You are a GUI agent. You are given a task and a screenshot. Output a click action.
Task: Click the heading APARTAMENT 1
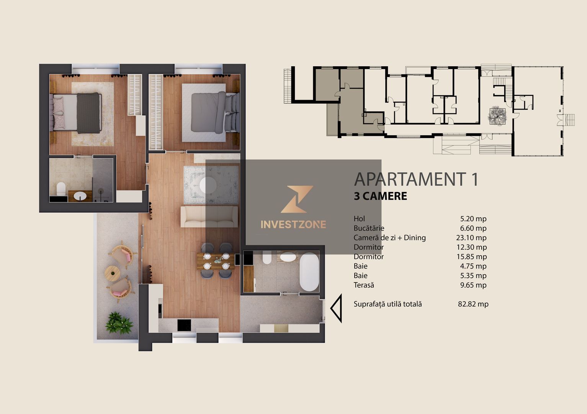[416, 179]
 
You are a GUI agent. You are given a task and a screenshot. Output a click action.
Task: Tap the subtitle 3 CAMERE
[380, 196]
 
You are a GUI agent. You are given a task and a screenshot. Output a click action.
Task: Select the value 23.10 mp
[471, 238]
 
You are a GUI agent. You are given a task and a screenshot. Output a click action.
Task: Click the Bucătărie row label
[369, 228]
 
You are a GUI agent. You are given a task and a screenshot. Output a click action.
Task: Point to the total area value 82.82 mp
[473, 304]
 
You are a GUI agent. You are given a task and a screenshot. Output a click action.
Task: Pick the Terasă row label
[364, 285]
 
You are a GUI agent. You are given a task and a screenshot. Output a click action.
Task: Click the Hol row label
[359, 219]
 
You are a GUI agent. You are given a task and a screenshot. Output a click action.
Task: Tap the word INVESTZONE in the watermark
[293, 225]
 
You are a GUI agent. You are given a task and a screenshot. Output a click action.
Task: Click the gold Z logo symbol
[297, 199]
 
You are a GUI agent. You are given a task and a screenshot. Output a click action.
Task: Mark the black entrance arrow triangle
[336, 308]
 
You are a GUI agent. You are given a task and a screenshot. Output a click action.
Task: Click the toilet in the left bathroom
[61, 189]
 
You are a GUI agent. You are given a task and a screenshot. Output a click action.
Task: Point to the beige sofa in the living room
[209, 217]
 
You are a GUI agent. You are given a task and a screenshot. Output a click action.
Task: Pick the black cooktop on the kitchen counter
[184, 325]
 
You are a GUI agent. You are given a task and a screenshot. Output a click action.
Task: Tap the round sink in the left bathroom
[80, 196]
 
